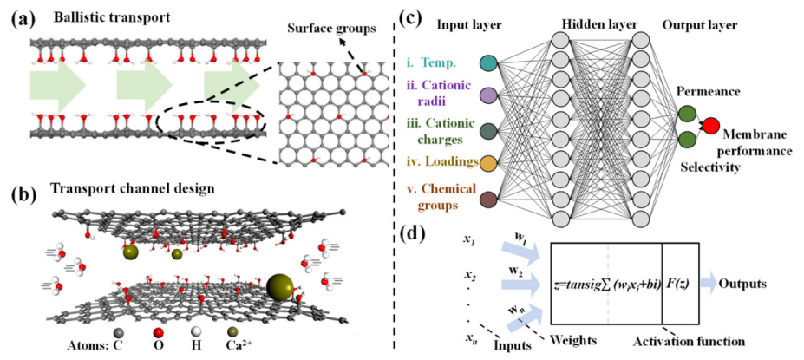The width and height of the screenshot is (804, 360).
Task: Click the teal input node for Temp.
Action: [488, 62]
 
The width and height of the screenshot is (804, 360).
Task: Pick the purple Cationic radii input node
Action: [488, 95]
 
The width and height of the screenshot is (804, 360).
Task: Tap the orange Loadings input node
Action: [488, 163]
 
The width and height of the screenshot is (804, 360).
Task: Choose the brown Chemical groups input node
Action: [488, 200]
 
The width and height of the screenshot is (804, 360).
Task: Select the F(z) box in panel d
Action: [680, 283]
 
